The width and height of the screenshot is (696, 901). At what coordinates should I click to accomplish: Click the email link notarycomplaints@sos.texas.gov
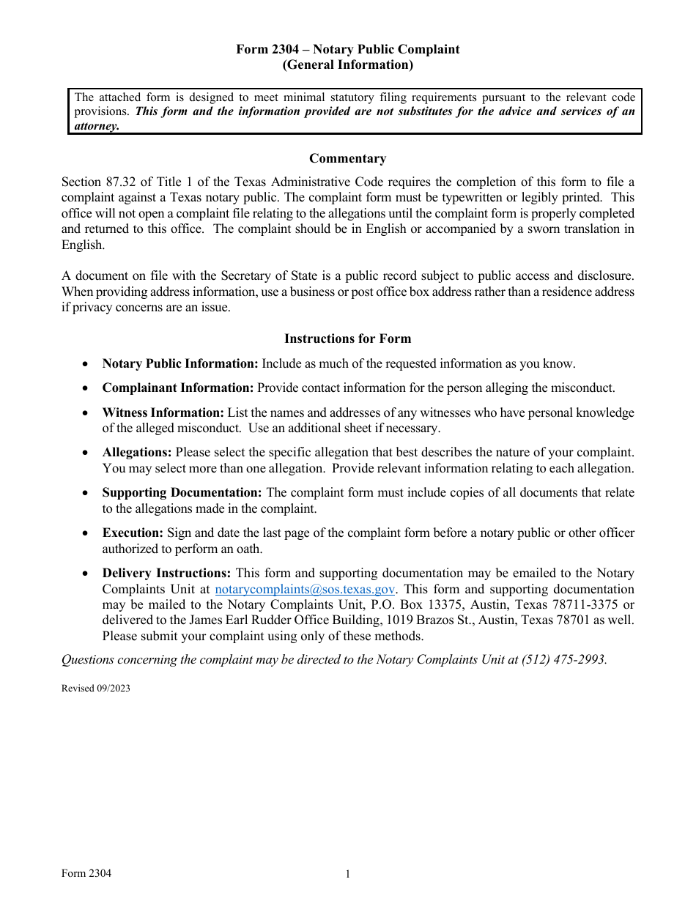(x=306, y=589)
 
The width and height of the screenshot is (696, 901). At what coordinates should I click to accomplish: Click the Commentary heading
(x=347, y=158)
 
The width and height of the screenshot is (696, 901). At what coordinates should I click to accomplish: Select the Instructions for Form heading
(x=347, y=338)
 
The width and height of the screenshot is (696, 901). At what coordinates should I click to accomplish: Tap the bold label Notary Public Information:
(x=180, y=363)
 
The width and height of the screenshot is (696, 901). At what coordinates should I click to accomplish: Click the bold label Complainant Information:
(x=178, y=388)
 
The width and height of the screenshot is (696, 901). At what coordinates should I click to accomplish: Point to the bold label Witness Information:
(x=163, y=412)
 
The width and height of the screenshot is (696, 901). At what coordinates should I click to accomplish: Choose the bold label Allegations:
(x=137, y=453)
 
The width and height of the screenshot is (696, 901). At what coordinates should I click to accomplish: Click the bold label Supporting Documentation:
(x=182, y=493)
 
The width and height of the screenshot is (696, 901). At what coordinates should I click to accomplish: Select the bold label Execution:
(x=133, y=533)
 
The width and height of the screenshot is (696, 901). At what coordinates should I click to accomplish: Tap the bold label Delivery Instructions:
(x=166, y=573)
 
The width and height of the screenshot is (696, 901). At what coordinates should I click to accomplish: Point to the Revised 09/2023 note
(x=96, y=688)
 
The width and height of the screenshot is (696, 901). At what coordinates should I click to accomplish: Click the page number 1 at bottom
(x=348, y=874)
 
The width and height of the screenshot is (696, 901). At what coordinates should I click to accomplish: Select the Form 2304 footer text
(x=86, y=873)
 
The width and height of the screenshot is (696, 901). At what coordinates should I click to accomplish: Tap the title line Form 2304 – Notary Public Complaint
(x=347, y=49)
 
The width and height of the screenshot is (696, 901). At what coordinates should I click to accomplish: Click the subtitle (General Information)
(x=347, y=64)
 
